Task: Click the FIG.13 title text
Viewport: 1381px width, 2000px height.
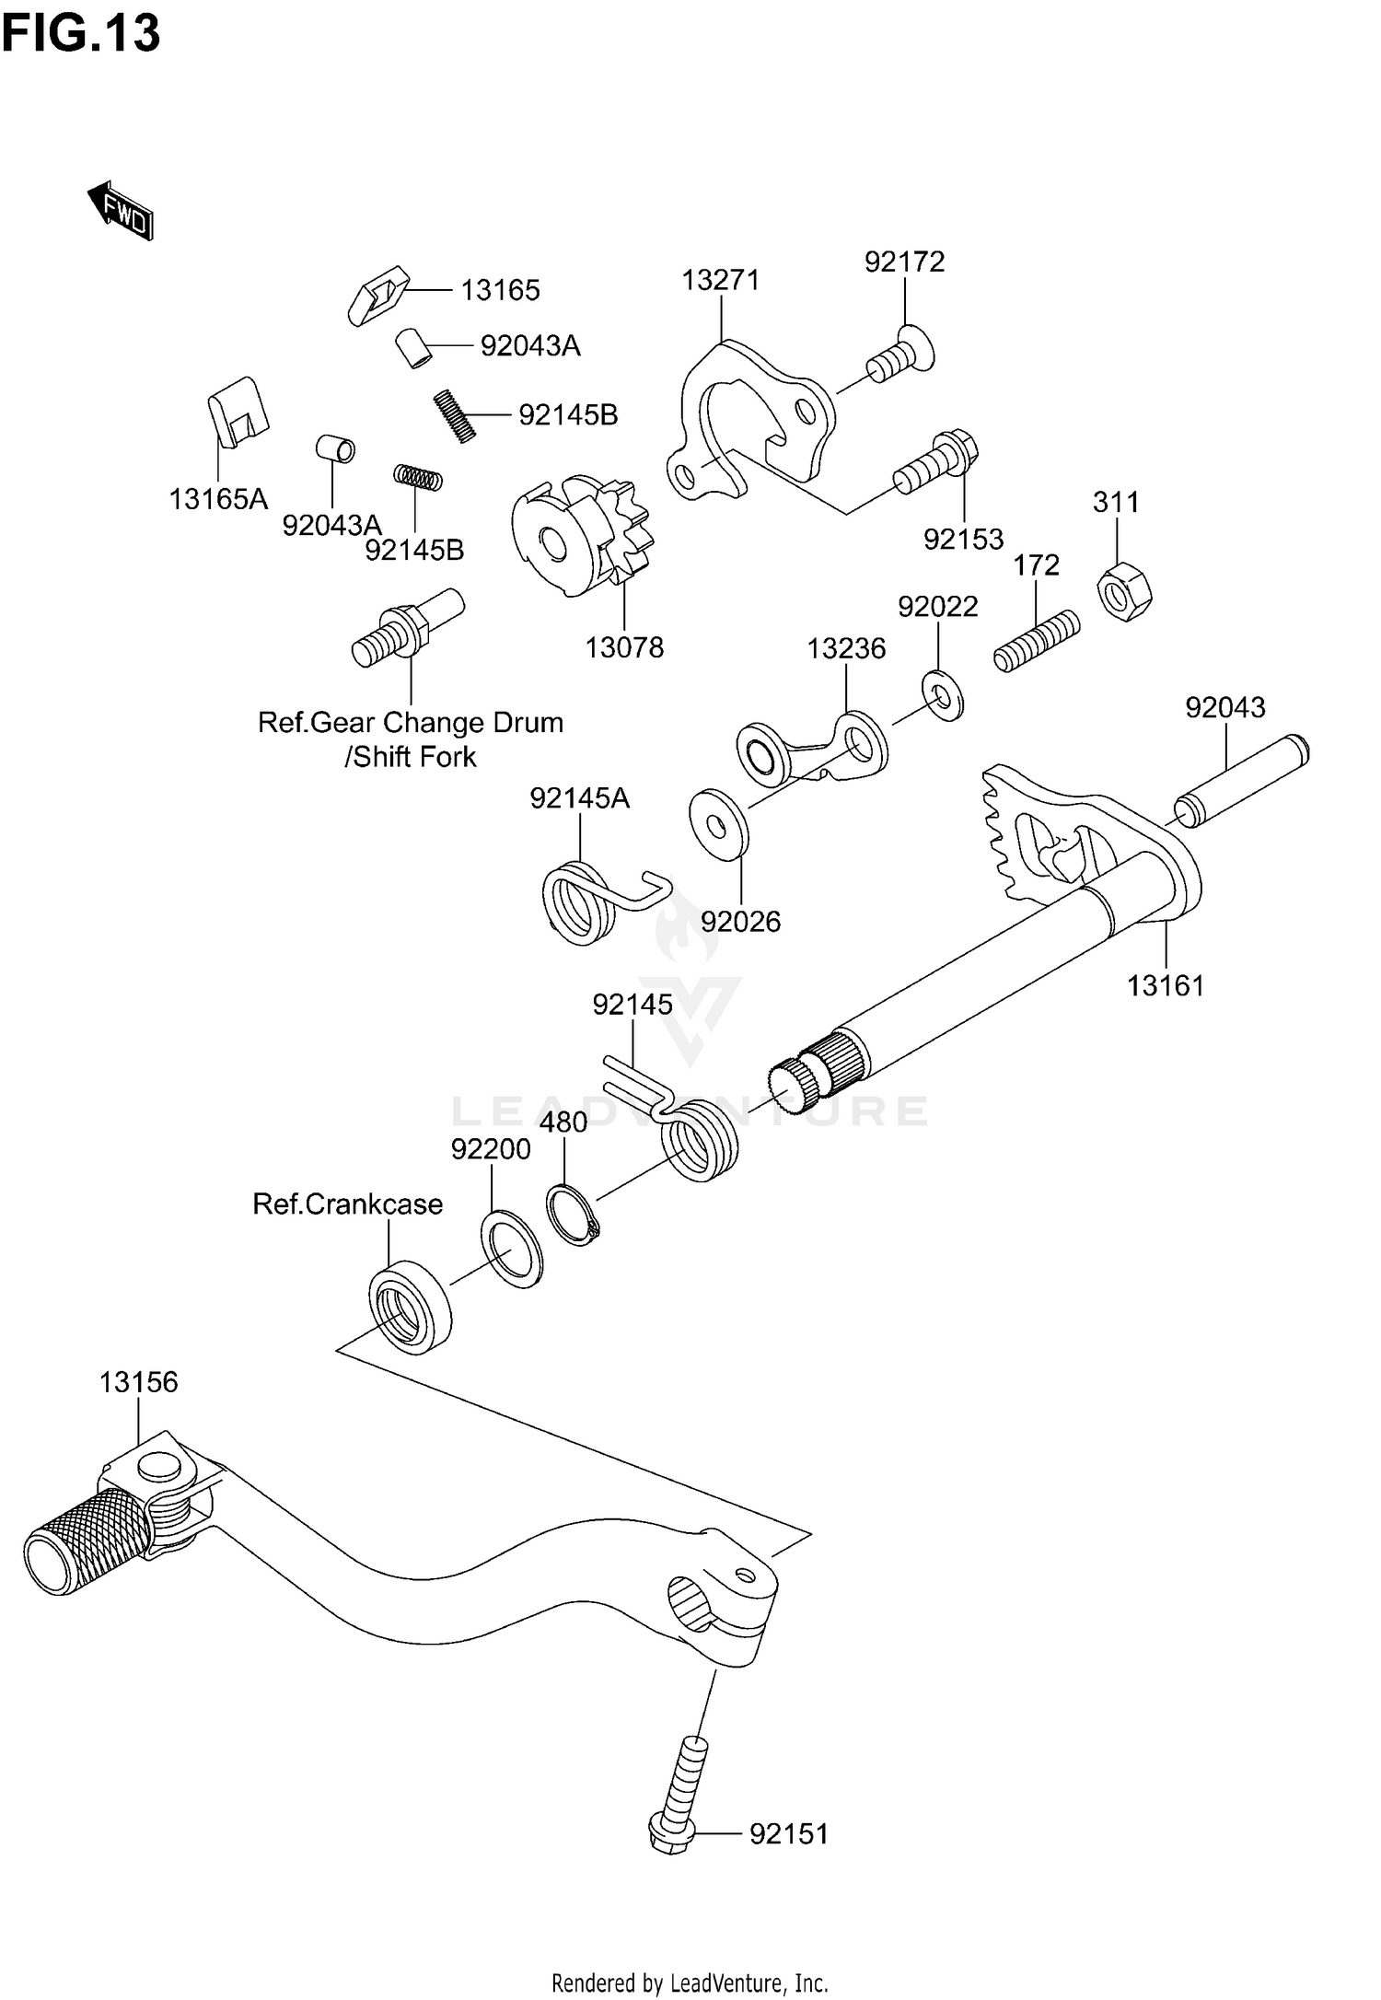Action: pos(81,34)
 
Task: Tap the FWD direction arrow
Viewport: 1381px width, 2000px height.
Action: pos(121,210)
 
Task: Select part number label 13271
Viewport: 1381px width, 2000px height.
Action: pos(721,280)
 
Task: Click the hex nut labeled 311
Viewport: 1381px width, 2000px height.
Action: pos(1124,590)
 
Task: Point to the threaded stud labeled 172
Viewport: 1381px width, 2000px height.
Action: pos(1036,642)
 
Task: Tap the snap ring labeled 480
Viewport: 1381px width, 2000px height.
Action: pos(572,1215)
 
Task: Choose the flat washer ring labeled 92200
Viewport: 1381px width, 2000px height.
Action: pos(511,1250)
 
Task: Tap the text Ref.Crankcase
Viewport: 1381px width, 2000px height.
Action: pos(347,1203)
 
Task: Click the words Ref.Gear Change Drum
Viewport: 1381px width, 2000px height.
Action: pos(410,722)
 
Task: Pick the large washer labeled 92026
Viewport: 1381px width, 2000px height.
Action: pos(719,823)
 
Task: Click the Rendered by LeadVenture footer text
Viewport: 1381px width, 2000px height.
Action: pos(690,1983)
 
